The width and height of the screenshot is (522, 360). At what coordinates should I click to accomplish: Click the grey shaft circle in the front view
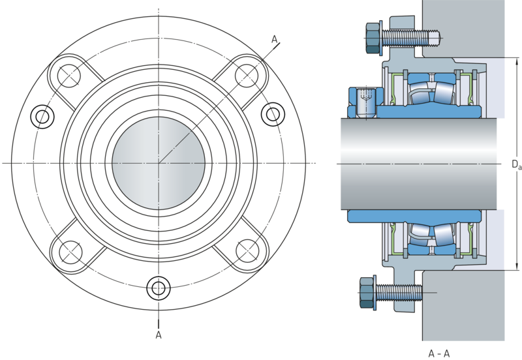pos(158,162)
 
